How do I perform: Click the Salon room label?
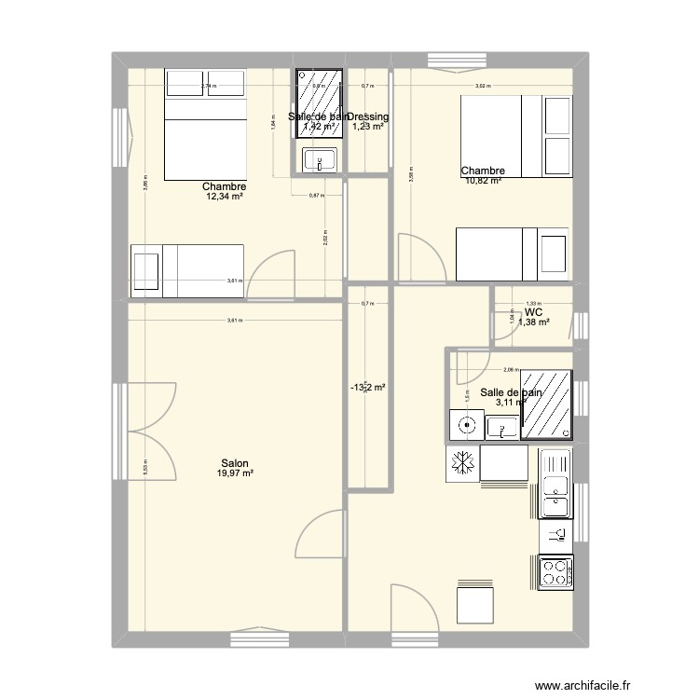[x=235, y=463]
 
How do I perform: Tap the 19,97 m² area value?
[x=235, y=473]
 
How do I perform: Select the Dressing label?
[x=369, y=116]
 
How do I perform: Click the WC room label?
[x=534, y=312]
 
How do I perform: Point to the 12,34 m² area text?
[x=225, y=197]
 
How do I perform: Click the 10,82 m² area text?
[x=483, y=181]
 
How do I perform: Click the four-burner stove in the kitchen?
[x=556, y=572]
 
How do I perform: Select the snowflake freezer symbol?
[x=461, y=463]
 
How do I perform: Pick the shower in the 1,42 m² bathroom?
[x=320, y=104]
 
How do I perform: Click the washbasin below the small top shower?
[x=320, y=160]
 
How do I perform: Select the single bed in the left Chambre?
[x=187, y=271]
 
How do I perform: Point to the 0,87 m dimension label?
[x=316, y=195]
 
